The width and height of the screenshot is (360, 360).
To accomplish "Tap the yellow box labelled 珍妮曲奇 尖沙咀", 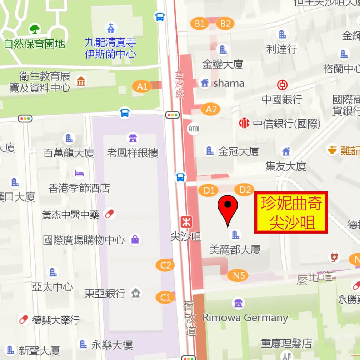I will [291, 213].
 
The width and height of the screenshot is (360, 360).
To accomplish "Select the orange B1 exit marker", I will [200, 24].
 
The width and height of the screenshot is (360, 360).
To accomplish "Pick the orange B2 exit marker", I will [225, 24].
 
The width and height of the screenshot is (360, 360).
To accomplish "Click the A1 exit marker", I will [142, 86].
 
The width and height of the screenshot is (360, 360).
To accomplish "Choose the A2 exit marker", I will [211, 109].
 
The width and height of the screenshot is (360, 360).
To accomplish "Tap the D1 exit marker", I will [209, 190].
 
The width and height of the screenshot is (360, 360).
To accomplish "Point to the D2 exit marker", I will [245, 190].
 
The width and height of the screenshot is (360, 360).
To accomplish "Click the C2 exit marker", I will [165, 265].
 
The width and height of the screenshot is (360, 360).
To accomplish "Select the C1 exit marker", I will [165, 297].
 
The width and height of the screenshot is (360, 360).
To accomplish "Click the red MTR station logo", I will [185, 222].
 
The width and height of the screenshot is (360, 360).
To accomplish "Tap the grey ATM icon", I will [193, 128].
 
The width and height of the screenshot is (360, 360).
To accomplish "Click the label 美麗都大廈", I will [235, 249].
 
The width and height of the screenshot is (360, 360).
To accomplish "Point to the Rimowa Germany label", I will [245, 317].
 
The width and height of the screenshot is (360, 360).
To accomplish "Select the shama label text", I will [229, 83].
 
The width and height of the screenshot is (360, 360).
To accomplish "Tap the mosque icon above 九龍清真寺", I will [111, 27].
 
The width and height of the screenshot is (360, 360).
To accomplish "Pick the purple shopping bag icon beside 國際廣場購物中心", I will [135, 239].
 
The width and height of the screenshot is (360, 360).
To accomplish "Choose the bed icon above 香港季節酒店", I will [79, 174].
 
